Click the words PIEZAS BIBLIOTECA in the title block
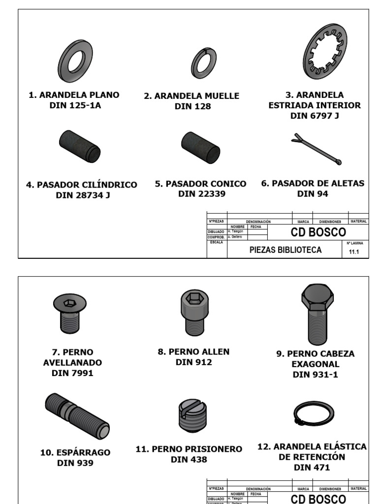pyautogui.click(x=285, y=250)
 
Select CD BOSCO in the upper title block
pyautogui.click(x=318, y=232)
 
